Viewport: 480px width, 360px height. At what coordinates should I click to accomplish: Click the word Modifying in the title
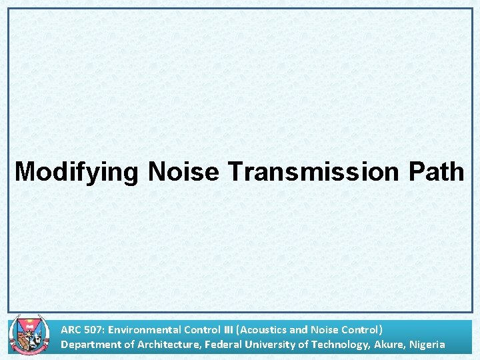pyautogui.click(x=76, y=172)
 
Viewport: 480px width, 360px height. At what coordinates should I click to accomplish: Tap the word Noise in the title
pyautogui.click(x=183, y=172)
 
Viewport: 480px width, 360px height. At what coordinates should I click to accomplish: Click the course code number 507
pyautogui.click(x=93, y=329)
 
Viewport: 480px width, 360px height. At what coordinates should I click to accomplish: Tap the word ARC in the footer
pyautogui.click(x=71, y=329)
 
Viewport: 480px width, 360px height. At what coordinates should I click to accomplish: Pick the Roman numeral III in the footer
pyautogui.click(x=226, y=329)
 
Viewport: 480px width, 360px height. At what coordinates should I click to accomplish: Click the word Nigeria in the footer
pyautogui.click(x=427, y=345)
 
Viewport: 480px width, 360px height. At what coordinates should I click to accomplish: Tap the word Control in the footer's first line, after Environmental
pyautogui.click(x=198, y=329)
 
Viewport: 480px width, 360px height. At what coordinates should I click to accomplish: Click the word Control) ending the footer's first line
pyautogui.click(x=362, y=329)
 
